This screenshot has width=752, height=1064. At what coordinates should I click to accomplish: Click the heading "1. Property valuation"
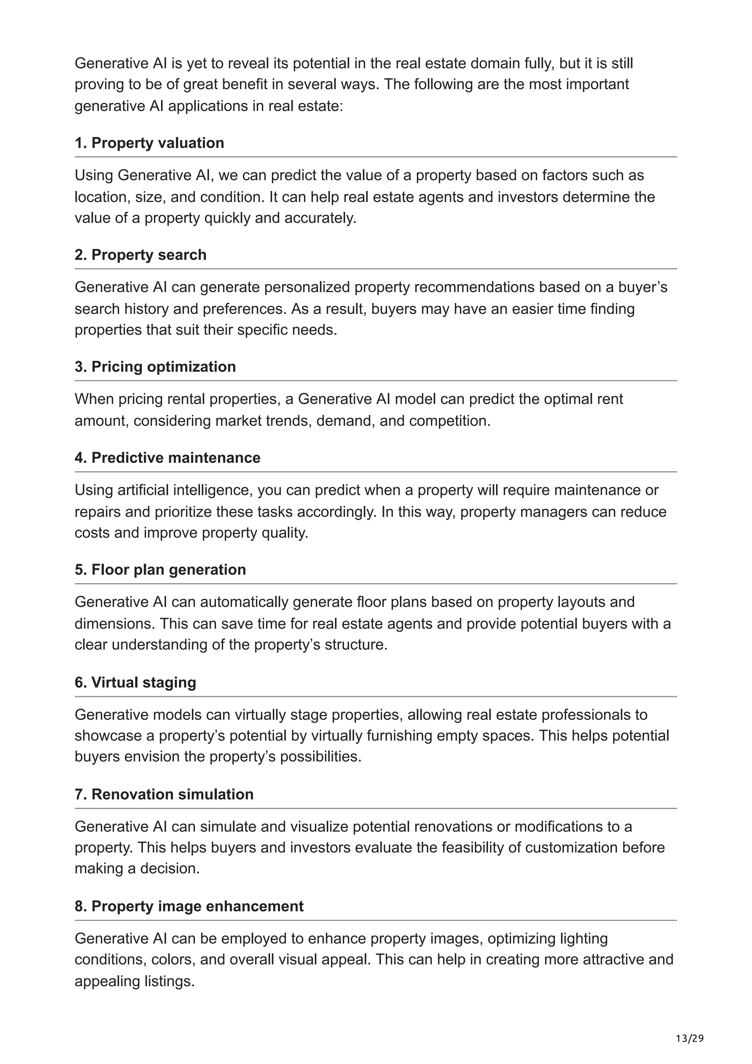point(149,143)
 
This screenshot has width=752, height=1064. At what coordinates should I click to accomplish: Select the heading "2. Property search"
point(140,254)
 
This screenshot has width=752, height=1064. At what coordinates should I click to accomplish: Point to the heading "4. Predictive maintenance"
point(167,457)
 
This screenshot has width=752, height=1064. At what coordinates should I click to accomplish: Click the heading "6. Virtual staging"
point(135,682)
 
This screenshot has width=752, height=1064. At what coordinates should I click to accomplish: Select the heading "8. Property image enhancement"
point(189,906)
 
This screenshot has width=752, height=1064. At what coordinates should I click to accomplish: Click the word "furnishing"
point(398,735)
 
